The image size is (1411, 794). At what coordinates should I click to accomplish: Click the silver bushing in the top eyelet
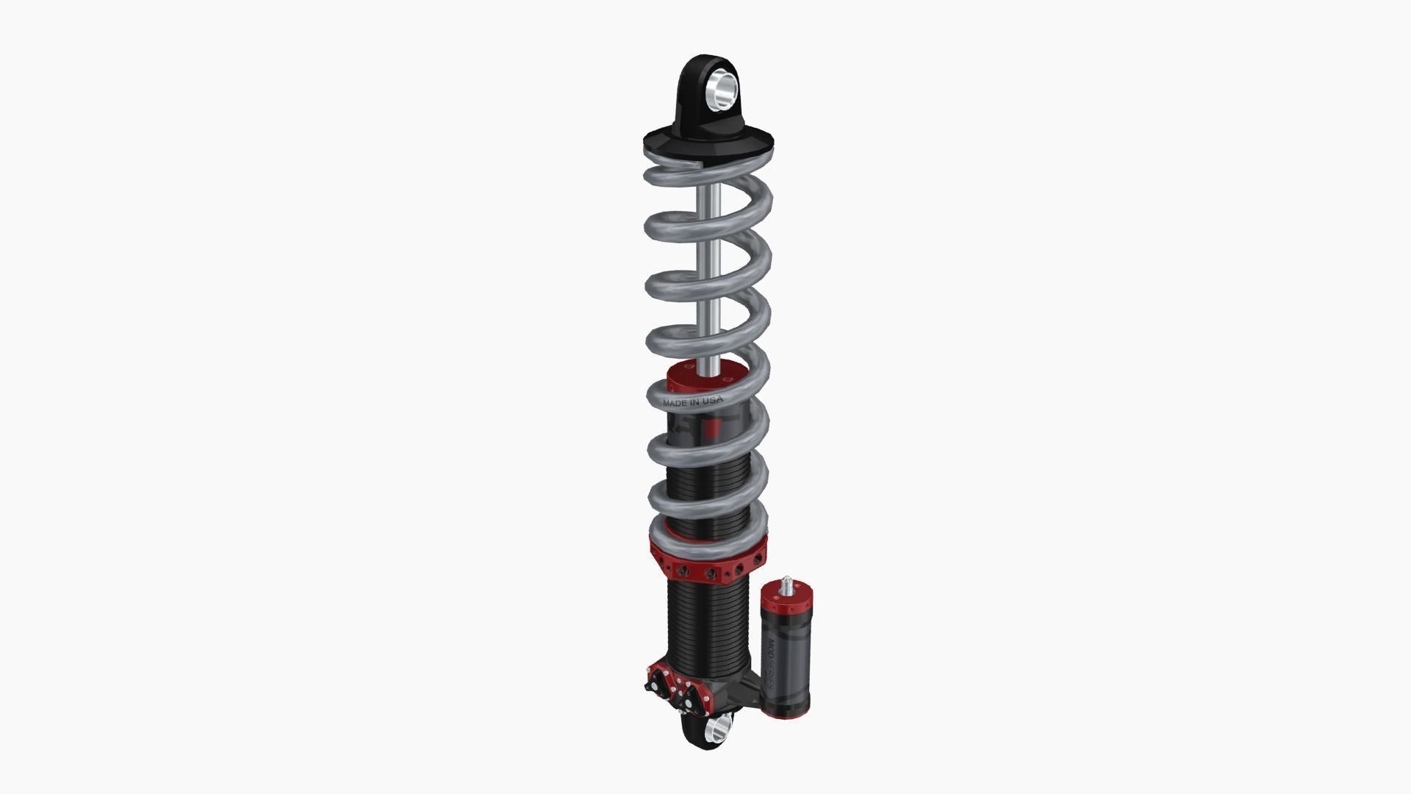(x=721, y=89)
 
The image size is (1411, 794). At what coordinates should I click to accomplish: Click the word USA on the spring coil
(x=712, y=401)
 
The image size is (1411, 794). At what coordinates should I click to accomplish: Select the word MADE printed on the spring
(x=675, y=403)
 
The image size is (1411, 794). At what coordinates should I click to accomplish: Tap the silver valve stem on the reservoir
(x=787, y=585)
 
